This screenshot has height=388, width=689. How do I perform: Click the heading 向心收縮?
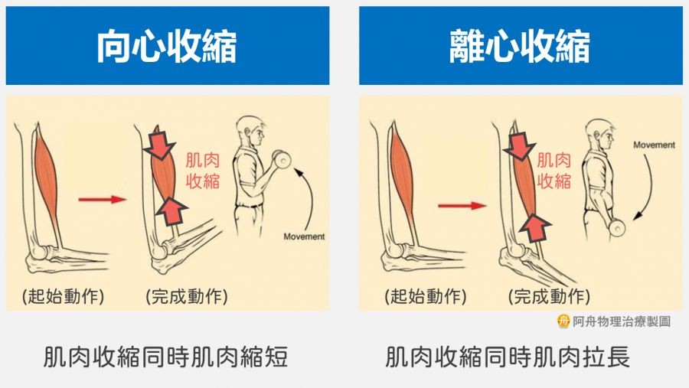point(167,46)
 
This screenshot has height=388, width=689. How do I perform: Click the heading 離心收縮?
point(520,46)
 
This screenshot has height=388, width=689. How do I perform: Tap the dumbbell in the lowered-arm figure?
point(617,227)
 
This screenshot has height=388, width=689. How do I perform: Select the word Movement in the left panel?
point(304,236)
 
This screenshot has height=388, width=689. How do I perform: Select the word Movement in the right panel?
point(654,145)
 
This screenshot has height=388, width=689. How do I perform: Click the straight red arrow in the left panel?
point(103,200)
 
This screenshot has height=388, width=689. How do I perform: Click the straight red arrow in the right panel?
point(462,205)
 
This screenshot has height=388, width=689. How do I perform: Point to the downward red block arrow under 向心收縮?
point(160,143)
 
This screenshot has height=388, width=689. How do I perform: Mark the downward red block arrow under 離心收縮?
point(519,144)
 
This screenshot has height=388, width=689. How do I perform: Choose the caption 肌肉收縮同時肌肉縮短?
point(165,357)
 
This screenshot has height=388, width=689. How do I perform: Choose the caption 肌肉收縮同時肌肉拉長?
point(508,357)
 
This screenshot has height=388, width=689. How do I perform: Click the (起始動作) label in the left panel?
point(64,297)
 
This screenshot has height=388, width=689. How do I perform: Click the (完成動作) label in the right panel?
point(549,297)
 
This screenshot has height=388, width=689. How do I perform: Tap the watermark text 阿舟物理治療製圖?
point(622,321)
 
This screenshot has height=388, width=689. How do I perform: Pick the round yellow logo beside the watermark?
point(563,321)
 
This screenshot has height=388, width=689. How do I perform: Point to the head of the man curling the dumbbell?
point(250,131)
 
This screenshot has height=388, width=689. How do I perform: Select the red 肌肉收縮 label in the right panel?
point(553,171)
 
